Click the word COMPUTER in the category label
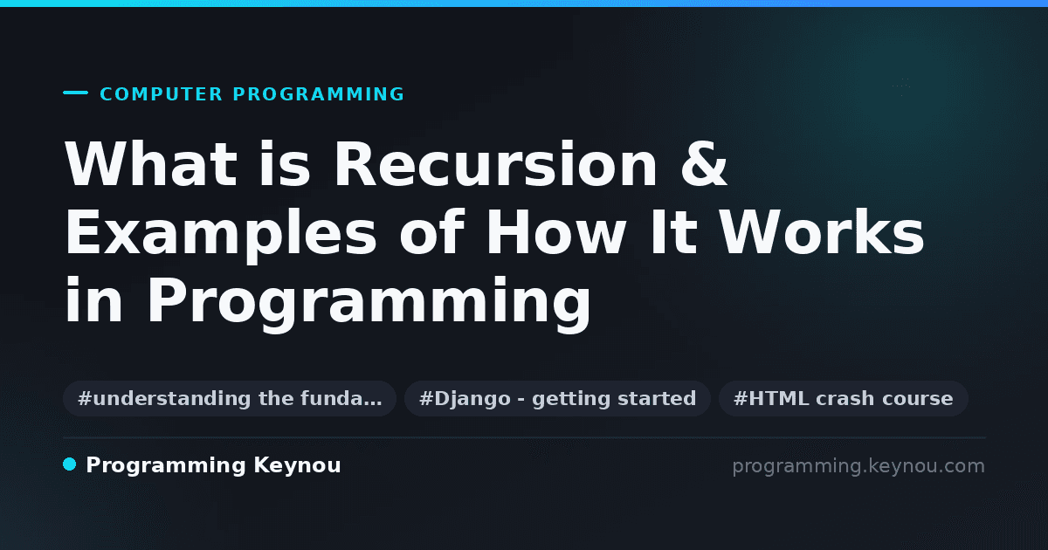[x=162, y=94]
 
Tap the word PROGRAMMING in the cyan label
[x=319, y=94]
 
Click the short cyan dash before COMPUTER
[x=75, y=93]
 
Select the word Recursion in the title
[x=496, y=164]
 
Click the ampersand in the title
[x=704, y=164]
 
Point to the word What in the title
[x=150, y=164]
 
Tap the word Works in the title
[x=821, y=232]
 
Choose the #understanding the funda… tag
[x=230, y=398]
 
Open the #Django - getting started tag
[x=558, y=398]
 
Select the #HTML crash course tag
[x=843, y=398]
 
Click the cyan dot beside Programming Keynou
[x=69, y=464]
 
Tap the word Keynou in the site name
[x=297, y=466]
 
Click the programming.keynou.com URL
[x=858, y=466]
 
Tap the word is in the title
[x=285, y=164]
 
